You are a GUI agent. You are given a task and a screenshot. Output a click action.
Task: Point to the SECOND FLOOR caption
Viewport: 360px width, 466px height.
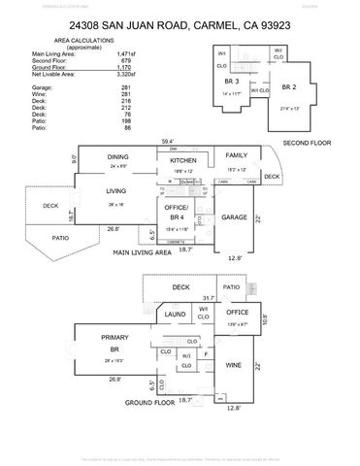click(x=307, y=142)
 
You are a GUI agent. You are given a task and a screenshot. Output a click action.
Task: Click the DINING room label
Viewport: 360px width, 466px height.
click(x=118, y=156)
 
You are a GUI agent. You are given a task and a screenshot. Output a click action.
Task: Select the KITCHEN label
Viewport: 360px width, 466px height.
click(x=184, y=160)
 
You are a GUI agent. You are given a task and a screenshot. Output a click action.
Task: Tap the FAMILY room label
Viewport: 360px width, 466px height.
click(x=237, y=155)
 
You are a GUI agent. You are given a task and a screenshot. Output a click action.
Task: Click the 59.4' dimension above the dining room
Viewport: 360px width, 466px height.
click(x=169, y=142)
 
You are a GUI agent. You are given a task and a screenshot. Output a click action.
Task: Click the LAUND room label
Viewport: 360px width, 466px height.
click(x=176, y=315)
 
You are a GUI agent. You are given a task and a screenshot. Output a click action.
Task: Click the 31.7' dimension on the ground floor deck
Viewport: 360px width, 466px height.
click(x=208, y=298)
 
